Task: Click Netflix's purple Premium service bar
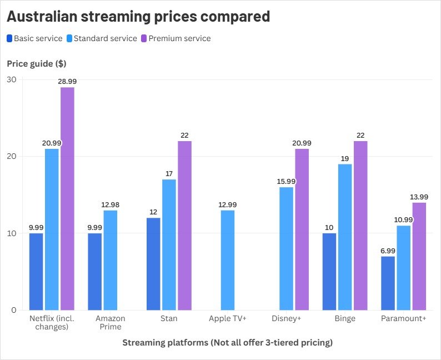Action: pos(67,198)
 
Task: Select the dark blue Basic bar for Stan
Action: pos(154,264)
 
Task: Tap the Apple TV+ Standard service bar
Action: pos(228,260)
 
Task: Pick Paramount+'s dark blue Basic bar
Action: pos(388,283)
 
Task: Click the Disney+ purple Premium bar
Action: pos(302,229)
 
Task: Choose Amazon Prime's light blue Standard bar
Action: pos(110,260)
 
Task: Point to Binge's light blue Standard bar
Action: pos(345,237)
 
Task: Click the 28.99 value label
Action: pos(67,82)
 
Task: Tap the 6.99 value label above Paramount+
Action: pos(388,251)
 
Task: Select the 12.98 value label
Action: pos(110,205)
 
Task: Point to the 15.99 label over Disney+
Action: pos(286,182)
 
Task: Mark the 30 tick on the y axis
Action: pos(12,79)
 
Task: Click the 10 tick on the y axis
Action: pos(12,233)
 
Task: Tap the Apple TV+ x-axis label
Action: pos(228,319)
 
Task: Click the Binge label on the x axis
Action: pos(345,319)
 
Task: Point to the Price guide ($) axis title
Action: pos(37,63)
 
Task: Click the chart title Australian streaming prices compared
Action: pos(138,17)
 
